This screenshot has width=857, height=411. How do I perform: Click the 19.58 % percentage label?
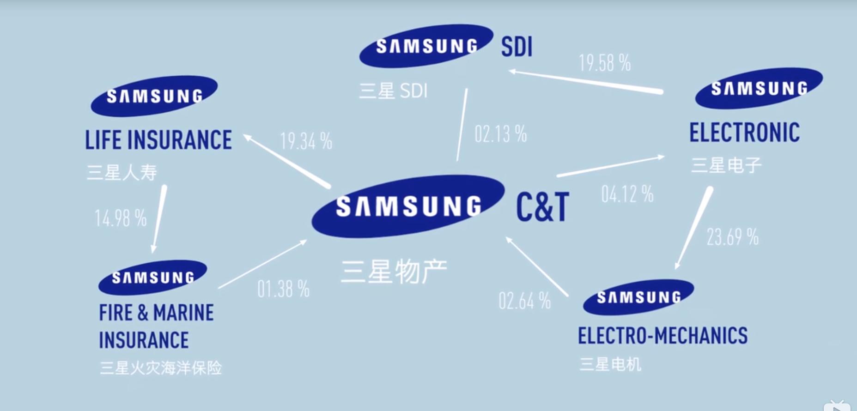click(604, 63)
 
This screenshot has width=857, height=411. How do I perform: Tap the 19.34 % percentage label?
click(306, 141)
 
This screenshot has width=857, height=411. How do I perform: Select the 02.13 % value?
click(500, 134)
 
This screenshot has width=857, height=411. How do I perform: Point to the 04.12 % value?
click(627, 194)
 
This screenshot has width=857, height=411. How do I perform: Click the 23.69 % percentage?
click(732, 237)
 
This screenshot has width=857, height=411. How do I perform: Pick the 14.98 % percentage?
click(121, 218)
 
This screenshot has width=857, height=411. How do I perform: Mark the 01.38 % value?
click(283, 290)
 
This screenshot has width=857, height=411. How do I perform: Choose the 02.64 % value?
click(524, 301)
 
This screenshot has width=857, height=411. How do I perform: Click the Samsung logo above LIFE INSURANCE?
click(154, 96)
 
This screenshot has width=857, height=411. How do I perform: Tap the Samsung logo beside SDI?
click(426, 46)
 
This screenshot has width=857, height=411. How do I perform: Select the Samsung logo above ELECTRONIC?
click(759, 88)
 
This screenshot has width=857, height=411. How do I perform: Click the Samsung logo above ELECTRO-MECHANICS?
click(638, 297)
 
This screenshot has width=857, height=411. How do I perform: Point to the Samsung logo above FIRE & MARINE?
click(152, 277)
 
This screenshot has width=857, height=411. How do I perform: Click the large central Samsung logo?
click(408, 206)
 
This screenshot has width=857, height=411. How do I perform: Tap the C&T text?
click(542, 207)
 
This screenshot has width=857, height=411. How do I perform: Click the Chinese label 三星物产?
click(394, 271)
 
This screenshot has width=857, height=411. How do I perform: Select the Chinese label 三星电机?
click(610, 364)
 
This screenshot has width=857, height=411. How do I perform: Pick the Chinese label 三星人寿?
click(122, 173)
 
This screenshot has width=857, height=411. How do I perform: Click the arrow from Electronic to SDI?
click(586, 82)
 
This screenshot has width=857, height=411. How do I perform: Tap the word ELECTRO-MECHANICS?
click(663, 336)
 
